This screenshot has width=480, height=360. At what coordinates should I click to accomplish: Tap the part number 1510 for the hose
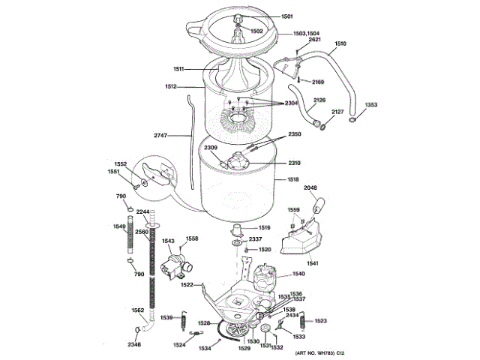340,44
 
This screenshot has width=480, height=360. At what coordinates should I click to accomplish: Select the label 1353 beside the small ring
370,104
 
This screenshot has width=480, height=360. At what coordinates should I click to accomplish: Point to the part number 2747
164,135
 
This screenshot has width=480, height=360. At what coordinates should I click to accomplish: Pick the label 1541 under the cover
312,262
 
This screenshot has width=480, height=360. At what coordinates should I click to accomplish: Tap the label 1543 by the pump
168,241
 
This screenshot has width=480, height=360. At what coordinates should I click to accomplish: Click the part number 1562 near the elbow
138,310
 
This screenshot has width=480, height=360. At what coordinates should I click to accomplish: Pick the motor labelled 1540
265,277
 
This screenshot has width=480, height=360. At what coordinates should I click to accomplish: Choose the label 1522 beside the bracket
187,284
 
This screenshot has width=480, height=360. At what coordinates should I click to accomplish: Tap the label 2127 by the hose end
337,112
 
